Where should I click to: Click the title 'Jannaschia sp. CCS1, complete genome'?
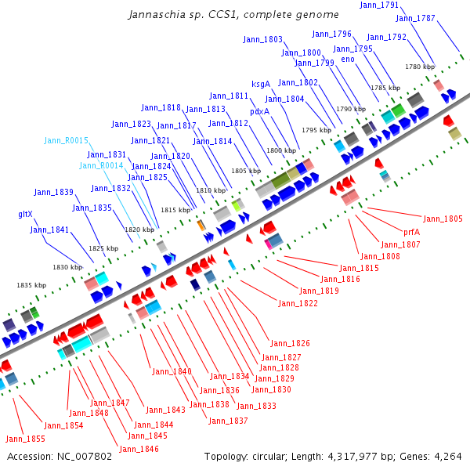click(x=233, y=14)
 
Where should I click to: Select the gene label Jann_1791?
click(x=379, y=5)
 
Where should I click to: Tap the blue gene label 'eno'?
click(x=348, y=59)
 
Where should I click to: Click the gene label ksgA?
click(x=261, y=84)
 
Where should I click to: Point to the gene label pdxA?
click(x=259, y=111)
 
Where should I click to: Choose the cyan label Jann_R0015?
click(x=66, y=140)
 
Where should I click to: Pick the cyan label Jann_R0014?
click(x=101, y=165)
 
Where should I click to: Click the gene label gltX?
click(x=25, y=214)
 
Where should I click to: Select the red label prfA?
click(x=412, y=233)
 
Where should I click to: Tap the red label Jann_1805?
click(x=443, y=219)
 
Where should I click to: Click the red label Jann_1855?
click(x=25, y=439)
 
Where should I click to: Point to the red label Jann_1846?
click(x=139, y=450)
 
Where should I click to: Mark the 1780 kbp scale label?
click(x=419, y=67)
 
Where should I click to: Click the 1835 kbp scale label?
click(x=31, y=286)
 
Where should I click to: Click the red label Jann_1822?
click(x=298, y=303)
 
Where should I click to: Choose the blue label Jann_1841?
click(x=50, y=230)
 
